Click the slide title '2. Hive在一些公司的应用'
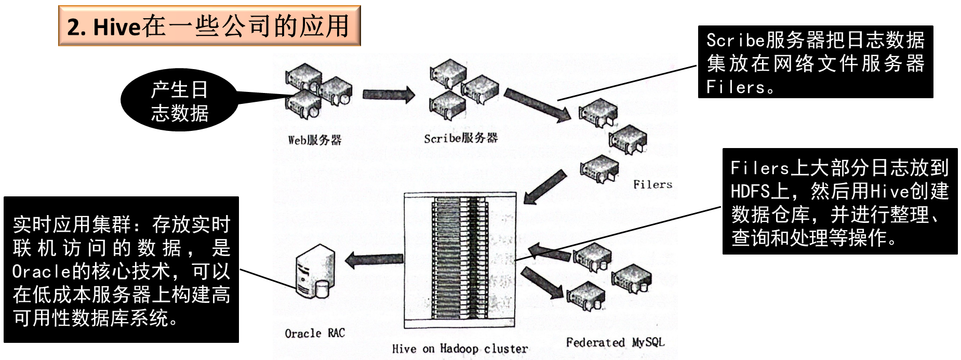click(x=209, y=26)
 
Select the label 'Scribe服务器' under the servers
click(x=461, y=138)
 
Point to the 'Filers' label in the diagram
click(x=652, y=184)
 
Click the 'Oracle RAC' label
click(x=315, y=334)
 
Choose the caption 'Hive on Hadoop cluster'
click(x=460, y=349)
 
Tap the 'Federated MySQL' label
click(x=615, y=342)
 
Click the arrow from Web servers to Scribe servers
click(x=388, y=95)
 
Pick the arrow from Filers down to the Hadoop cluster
click(x=545, y=186)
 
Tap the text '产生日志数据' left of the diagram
click(x=180, y=101)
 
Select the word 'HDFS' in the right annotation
click(x=750, y=191)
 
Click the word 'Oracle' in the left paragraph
click(x=41, y=271)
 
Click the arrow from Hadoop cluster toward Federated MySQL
click(x=542, y=284)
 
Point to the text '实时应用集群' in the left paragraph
click(x=72, y=224)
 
